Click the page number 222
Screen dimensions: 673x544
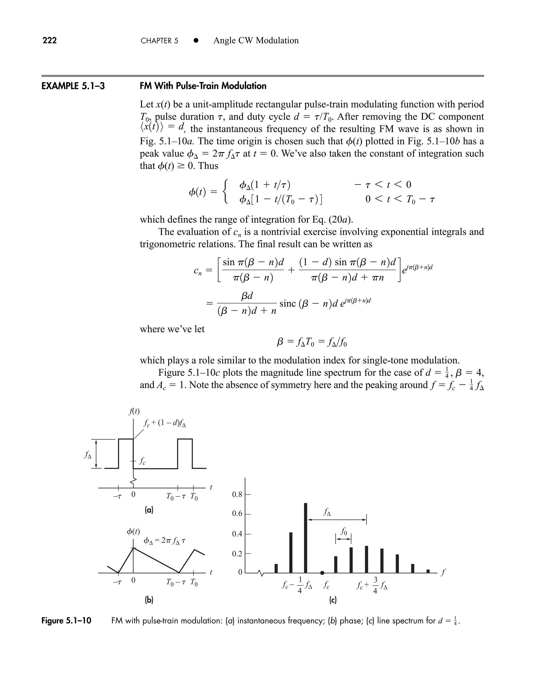[x=49, y=40]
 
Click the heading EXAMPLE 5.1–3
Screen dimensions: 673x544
[x=73, y=86]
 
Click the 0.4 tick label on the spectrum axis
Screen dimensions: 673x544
[x=237, y=534]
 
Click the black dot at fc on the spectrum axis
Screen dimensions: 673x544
[x=322, y=573]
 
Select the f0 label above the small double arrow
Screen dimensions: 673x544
[x=344, y=531]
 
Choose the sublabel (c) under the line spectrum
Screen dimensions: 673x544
[x=333, y=600]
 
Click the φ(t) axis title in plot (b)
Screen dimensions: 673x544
[x=133, y=531]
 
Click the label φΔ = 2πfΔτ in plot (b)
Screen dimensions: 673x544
[x=164, y=541]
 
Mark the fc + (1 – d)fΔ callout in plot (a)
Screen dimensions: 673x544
[x=164, y=423]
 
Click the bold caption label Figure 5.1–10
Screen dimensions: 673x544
[x=66, y=620]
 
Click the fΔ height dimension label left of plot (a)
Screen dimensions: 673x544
[x=88, y=455]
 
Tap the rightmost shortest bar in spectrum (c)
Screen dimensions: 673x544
[x=428, y=571]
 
